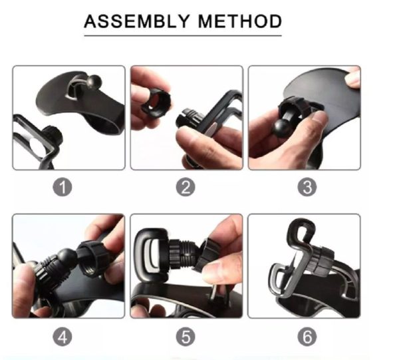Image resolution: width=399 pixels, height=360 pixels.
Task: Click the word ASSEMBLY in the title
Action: [137, 21]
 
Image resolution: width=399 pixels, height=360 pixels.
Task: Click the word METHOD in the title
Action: [240, 21]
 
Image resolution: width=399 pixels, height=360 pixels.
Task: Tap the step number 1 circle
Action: [63, 187]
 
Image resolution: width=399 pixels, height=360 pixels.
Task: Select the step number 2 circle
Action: [186, 187]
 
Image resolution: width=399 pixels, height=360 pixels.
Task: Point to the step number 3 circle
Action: [307, 187]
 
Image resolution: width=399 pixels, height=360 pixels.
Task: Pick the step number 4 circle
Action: [63, 337]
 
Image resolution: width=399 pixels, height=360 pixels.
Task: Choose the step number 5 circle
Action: [186, 337]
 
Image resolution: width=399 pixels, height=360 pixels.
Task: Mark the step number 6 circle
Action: [307, 337]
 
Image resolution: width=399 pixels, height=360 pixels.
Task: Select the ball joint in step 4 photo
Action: [67, 258]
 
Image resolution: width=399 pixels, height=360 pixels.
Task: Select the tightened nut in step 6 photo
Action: [321, 261]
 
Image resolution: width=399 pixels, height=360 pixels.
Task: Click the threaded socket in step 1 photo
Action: [53, 136]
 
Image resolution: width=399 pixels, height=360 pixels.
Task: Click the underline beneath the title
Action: [183, 36]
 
